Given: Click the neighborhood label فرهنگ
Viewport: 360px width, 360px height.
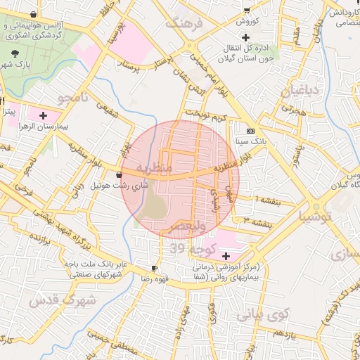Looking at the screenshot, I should coord(184,22).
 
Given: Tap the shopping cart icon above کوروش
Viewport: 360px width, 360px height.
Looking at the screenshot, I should coord(246,10).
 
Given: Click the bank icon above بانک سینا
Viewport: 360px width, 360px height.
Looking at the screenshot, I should coord(251,131).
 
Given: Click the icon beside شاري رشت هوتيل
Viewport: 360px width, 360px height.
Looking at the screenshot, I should coord(118,174).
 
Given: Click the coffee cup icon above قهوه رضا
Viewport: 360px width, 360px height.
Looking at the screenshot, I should coord(154,269).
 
